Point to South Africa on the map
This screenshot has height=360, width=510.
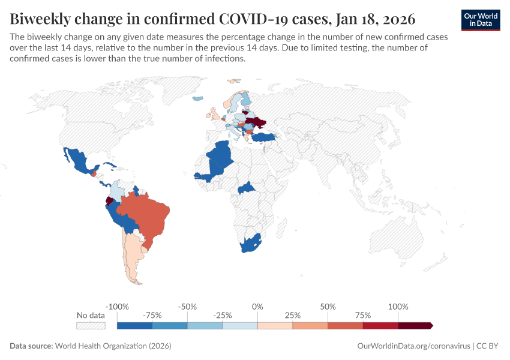(249, 244)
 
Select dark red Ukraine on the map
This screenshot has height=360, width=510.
(257, 123)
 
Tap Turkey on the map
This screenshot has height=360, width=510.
(263, 137)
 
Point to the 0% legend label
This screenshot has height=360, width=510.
(257, 307)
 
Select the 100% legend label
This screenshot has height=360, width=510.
(398, 307)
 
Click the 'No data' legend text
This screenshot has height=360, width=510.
(91, 315)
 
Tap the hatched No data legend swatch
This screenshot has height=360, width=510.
(91, 325)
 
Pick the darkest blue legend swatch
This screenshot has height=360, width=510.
(134, 325)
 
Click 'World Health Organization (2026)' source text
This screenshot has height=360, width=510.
(113, 346)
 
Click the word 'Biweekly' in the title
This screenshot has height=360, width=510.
(41, 19)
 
